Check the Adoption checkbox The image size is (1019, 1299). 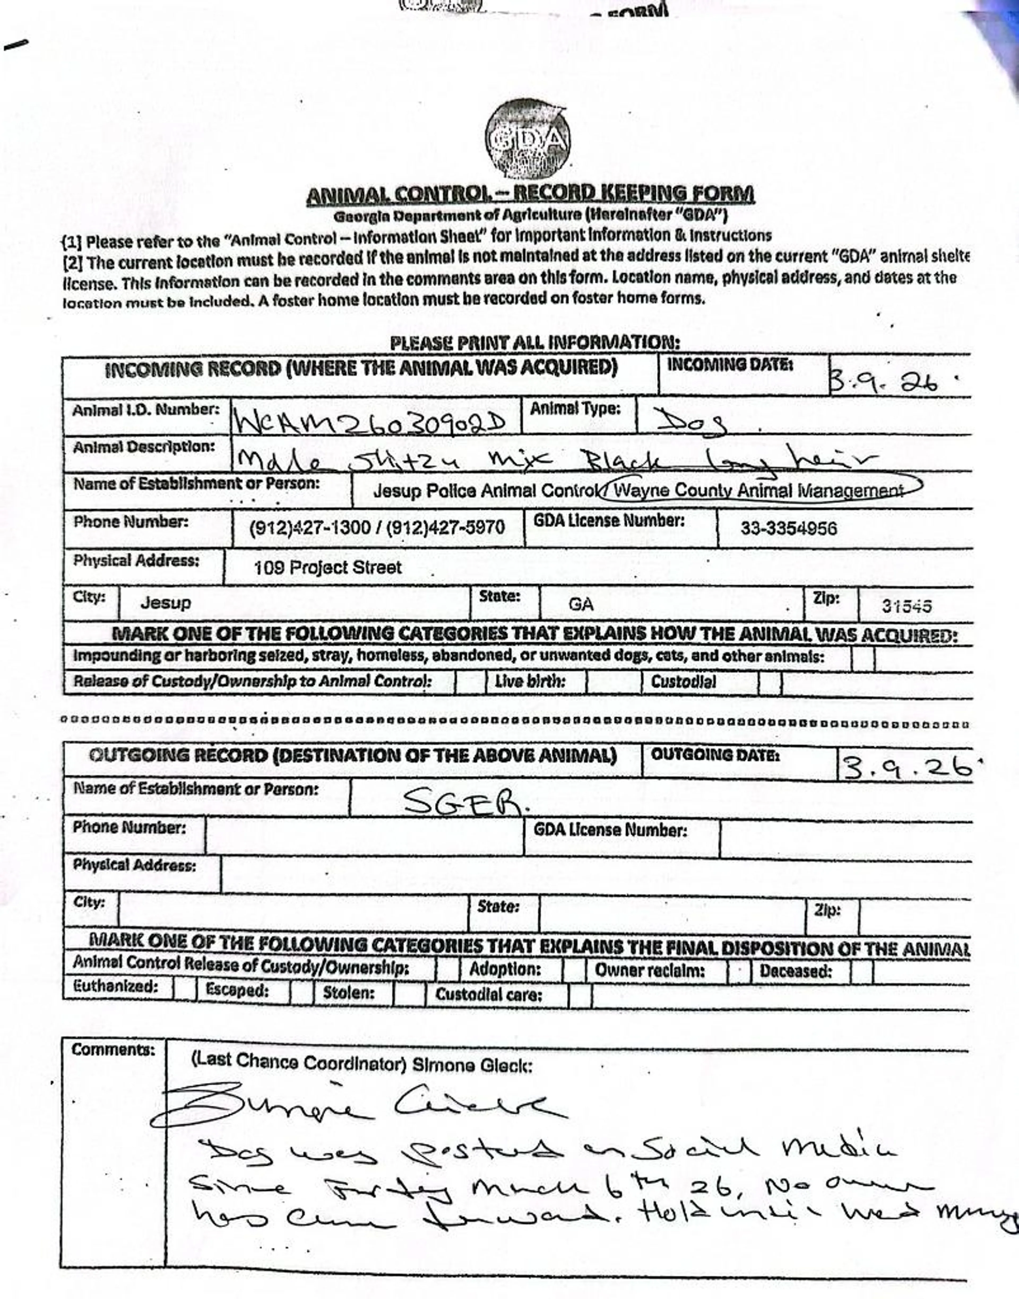click(574, 970)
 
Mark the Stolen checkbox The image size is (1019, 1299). click(409, 992)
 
